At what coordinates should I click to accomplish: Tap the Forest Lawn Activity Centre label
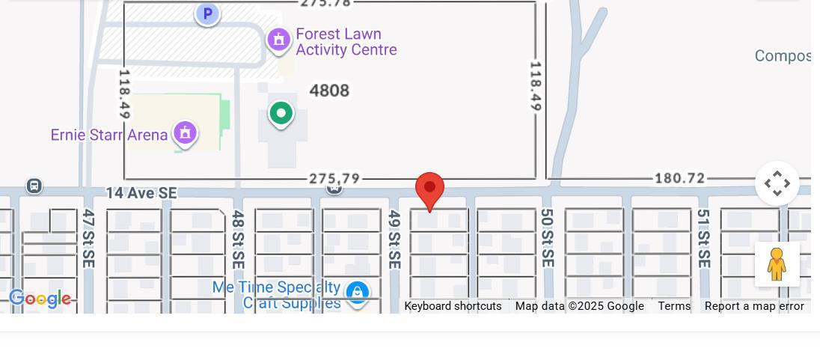pyautogui.click(x=346, y=43)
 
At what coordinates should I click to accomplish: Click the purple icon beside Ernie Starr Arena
pyautogui.click(x=185, y=133)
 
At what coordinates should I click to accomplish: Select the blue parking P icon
pyautogui.click(x=207, y=13)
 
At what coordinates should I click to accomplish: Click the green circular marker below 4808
pyautogui.click(x=281, y=114)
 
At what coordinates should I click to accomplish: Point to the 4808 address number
pyautogui.click(x=329, y=91)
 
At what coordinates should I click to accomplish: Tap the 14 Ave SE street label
pyautogui.click(x=141, y=193)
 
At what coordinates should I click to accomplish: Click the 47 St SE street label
pyautogui.click(x=88, y=238)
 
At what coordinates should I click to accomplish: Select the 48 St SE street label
pyautogui.click(x=238, y=240)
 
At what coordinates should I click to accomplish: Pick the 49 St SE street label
pyautogui.click(x=394, y=240)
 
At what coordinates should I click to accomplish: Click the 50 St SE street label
pyautogui.click(x=547, y=238)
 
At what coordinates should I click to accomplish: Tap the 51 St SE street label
pyautogui.click(x=703, y=238)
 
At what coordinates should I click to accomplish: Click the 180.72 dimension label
pyautogui.click(x=679, y=178)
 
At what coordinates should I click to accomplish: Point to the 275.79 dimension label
pyautogui.click(x=334, y=179)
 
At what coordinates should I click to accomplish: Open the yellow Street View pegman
pyautogui.click(x=777, y=264)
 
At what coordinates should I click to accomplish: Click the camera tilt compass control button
pyautogui.click(x=777, y=183)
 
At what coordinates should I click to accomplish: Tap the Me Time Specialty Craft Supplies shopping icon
pyautogui.click(x=358, y=292)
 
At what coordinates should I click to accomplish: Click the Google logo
pyautogui.click(x=40, y=299)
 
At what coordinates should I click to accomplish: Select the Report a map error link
pyautogui.click(x=754, y=306)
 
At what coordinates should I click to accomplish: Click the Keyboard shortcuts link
pyautogui.click(x=453, y=306)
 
